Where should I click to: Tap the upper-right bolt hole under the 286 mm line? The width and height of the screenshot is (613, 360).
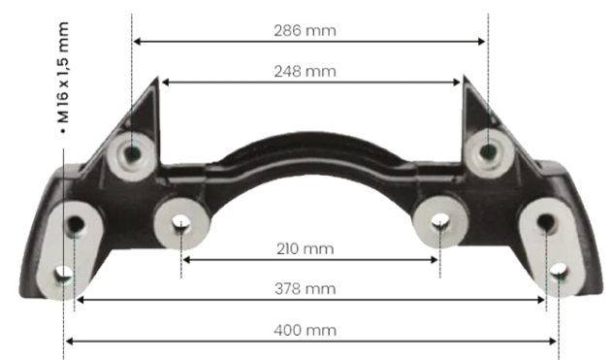488,151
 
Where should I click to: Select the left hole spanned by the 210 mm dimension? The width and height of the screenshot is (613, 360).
180,224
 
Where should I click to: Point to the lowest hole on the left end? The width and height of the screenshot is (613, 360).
63,275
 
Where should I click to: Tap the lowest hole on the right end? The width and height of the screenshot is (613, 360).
559,274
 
